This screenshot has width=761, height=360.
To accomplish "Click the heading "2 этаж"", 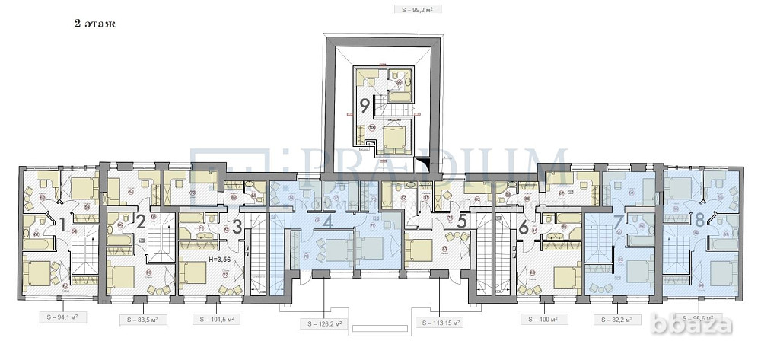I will pyautogui.click(x=94, y=23).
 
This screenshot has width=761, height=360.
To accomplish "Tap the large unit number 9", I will pyautogui.click(x=365, y=105).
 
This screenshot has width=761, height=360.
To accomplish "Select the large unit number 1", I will pyautogui.click(x=62, y=225).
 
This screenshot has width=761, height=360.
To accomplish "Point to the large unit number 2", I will pyautogui.click(x=141, y=221).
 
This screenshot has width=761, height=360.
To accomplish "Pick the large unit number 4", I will pyautogui.click(x=327, y=224).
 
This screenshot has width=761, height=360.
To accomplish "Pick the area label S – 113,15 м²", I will pyautogui.click(x=441, y=324).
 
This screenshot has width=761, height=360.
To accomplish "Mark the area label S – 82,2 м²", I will pyautogui.click(x=617, y=319).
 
